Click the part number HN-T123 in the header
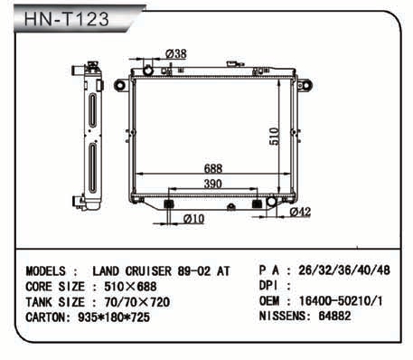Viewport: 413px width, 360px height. click(66, 19)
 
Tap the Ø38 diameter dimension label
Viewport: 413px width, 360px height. click(176, 53)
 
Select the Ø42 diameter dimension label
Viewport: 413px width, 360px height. click(300, 212)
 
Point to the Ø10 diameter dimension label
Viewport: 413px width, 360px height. click(193, 219)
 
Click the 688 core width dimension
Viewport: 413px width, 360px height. click(213, 168)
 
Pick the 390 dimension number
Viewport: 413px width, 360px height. click(213, 184)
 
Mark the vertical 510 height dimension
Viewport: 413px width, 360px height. click(274, 137)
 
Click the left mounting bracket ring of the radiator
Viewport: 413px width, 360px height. click(119, 85)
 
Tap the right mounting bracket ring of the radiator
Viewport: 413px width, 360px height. click(305, 85)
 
